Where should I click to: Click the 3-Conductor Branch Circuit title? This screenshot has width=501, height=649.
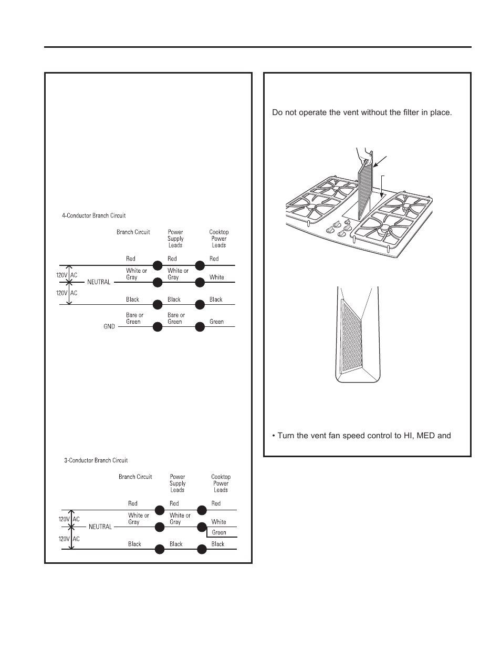click(x=96, y=460)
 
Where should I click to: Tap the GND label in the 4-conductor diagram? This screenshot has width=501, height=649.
click(x=109, y=326)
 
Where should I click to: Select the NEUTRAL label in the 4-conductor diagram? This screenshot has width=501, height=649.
click(x=99, y=282)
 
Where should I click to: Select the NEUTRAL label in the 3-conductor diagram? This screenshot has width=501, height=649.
click(x=100, y=527)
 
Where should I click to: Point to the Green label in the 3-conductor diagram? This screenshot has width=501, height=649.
click(x=219, y=532)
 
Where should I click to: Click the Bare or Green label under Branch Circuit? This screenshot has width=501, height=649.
click(x=134, y=318)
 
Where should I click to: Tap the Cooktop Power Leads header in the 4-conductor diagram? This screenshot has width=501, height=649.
click(x=219, y=239)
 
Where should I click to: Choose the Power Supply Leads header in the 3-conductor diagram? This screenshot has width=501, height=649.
click(x=178, y=483)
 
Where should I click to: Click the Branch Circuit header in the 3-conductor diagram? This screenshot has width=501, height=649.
click(x=135, y=477)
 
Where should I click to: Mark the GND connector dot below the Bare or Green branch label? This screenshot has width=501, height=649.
click(x=157, y=327)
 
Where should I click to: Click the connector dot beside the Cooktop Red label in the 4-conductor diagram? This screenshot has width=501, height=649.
click(x=200, y=265)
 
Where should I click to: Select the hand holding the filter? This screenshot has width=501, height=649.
click(x=364, y=156)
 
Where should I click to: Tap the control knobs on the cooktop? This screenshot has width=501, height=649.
click(x=339, y=230)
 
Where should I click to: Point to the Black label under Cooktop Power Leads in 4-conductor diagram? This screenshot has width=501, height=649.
click(x=216, y=300)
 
